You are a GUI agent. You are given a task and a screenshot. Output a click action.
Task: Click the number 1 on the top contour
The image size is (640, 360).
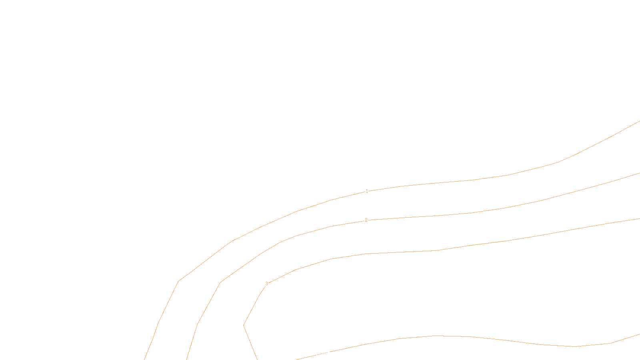[367, 191]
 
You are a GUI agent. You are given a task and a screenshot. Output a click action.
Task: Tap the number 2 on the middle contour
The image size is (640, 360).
[366, 220]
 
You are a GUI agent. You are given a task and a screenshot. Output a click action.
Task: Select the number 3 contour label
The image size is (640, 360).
[267, 284]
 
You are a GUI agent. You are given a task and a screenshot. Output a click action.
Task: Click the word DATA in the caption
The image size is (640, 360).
[338, 354]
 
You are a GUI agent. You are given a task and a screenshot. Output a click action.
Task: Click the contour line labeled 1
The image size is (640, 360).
[472, 180]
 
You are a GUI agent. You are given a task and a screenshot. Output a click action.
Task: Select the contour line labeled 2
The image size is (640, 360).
[472, 213]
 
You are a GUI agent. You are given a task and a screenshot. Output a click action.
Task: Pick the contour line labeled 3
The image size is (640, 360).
[472, 245]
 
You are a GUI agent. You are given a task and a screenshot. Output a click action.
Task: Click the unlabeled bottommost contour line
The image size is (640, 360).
[472, 337]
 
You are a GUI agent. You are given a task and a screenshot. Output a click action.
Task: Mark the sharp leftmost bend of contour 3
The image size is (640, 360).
[244, 325]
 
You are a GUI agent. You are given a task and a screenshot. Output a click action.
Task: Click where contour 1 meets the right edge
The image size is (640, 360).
[639, 121]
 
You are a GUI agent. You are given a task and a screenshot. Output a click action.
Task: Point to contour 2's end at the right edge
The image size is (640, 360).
[639, 173]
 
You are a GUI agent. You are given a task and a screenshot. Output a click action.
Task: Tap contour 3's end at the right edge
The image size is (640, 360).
[639, 219]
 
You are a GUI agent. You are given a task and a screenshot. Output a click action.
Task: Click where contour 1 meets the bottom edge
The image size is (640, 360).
[144, 359]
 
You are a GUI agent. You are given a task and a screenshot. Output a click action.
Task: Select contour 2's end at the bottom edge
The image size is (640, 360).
[187, 359]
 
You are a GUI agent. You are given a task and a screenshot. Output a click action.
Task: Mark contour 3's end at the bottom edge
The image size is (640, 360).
[257, 359]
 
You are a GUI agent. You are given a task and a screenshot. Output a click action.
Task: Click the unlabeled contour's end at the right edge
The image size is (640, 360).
[639, 334]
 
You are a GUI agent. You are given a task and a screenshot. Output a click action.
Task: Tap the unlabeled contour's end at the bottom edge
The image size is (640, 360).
[296, 359]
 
